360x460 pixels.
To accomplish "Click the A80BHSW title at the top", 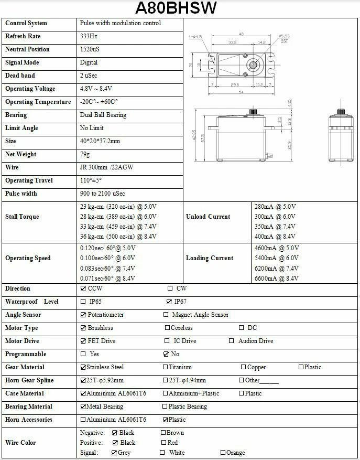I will tap(176, 8).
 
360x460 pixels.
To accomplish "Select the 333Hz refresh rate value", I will tap(89, 36).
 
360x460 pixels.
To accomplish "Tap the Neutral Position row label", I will tap(27, 49).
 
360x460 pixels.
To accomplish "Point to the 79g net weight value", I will tap(85, 154).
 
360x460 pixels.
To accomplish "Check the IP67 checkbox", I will tap(169, 302).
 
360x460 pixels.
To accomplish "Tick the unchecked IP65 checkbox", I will tap(83, 302).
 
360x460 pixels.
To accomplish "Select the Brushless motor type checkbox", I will tap(83, 328).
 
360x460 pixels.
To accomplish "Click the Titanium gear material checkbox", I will tap(166, 367).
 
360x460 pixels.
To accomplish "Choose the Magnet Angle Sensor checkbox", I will tap(166, 315).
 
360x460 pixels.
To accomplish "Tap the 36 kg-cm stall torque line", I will tap(118, 237).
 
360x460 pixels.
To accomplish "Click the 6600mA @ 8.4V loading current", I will tap(276, 278).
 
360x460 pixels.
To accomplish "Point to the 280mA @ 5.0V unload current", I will tap(275, 207).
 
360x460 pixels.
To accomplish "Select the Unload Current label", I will tap(208, 217).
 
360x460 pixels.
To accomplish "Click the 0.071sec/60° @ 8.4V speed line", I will tap(107, 278).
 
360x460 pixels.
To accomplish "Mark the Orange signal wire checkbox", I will tap(223, 452).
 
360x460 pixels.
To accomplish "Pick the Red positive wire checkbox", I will tap(163, 443).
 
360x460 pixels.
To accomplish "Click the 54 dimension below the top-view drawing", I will tap(241, 92).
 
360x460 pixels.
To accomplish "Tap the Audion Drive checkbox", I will tap(231, 341).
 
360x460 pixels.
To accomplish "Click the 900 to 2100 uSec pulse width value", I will tap(102, 194).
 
